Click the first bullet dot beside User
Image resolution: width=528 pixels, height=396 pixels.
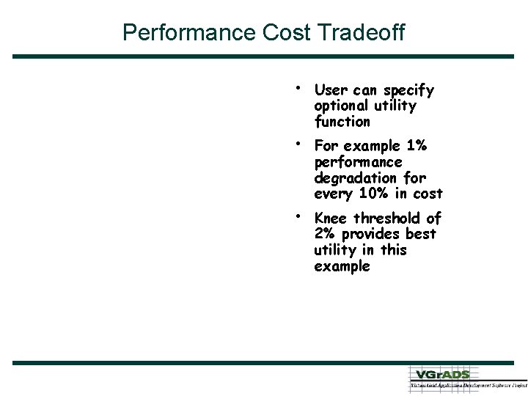[x=296, y=87]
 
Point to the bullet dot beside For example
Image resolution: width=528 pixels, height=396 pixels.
[x=296, y=142]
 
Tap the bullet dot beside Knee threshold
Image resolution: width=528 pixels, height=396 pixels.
[x=296, y=215]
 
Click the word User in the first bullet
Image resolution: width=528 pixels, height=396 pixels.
[x=331, y=90]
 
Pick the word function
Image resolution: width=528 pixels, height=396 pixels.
[x=342, y=122]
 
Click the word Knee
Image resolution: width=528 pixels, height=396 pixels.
[x=331, y=219]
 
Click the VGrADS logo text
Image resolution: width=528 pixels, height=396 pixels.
[x=441, y=374]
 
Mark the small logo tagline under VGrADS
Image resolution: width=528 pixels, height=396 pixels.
[x=468, y=385]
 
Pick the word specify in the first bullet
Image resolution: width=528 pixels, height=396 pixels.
[x=407, y=91]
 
